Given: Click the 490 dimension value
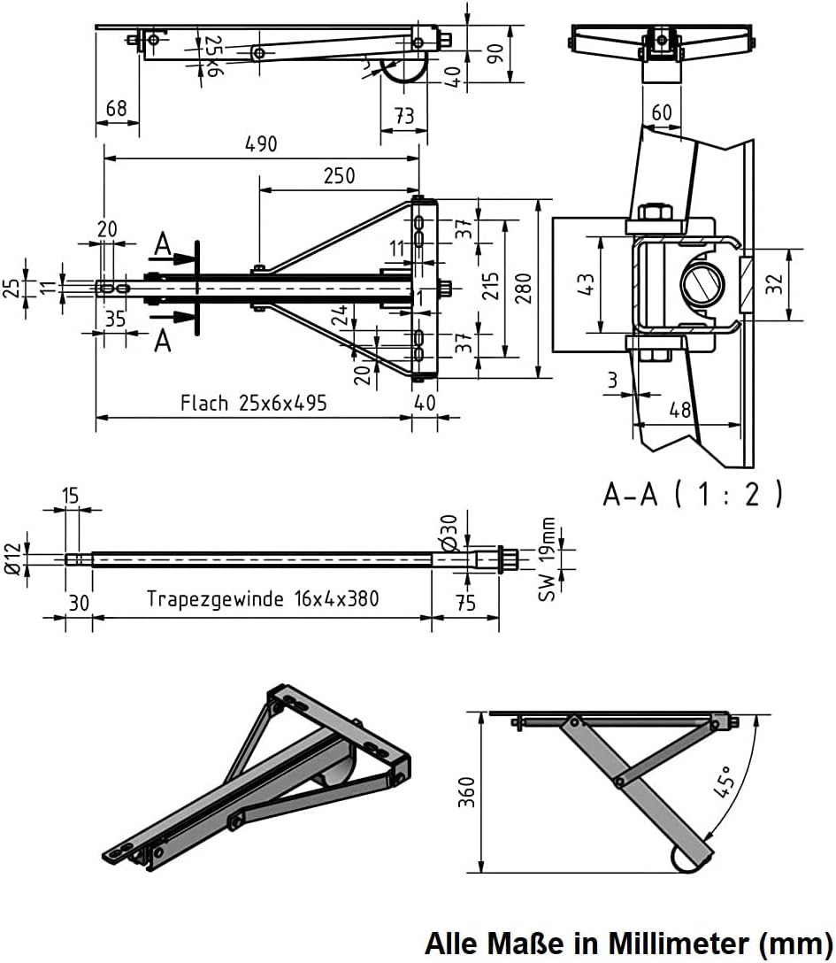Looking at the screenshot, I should coord(261,143).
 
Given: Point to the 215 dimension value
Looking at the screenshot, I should coord(492,289).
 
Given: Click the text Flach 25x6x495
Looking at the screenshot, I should coord(254,404).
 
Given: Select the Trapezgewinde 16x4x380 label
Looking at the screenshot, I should coord(263,599).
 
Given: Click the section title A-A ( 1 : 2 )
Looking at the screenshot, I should coord(694,493).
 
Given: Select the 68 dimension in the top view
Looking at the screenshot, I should coord(116,108).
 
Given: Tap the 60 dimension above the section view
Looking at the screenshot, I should coord(661,112).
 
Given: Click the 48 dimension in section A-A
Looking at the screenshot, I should coord(679,410).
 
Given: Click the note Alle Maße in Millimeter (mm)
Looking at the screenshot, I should coord(628,943).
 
